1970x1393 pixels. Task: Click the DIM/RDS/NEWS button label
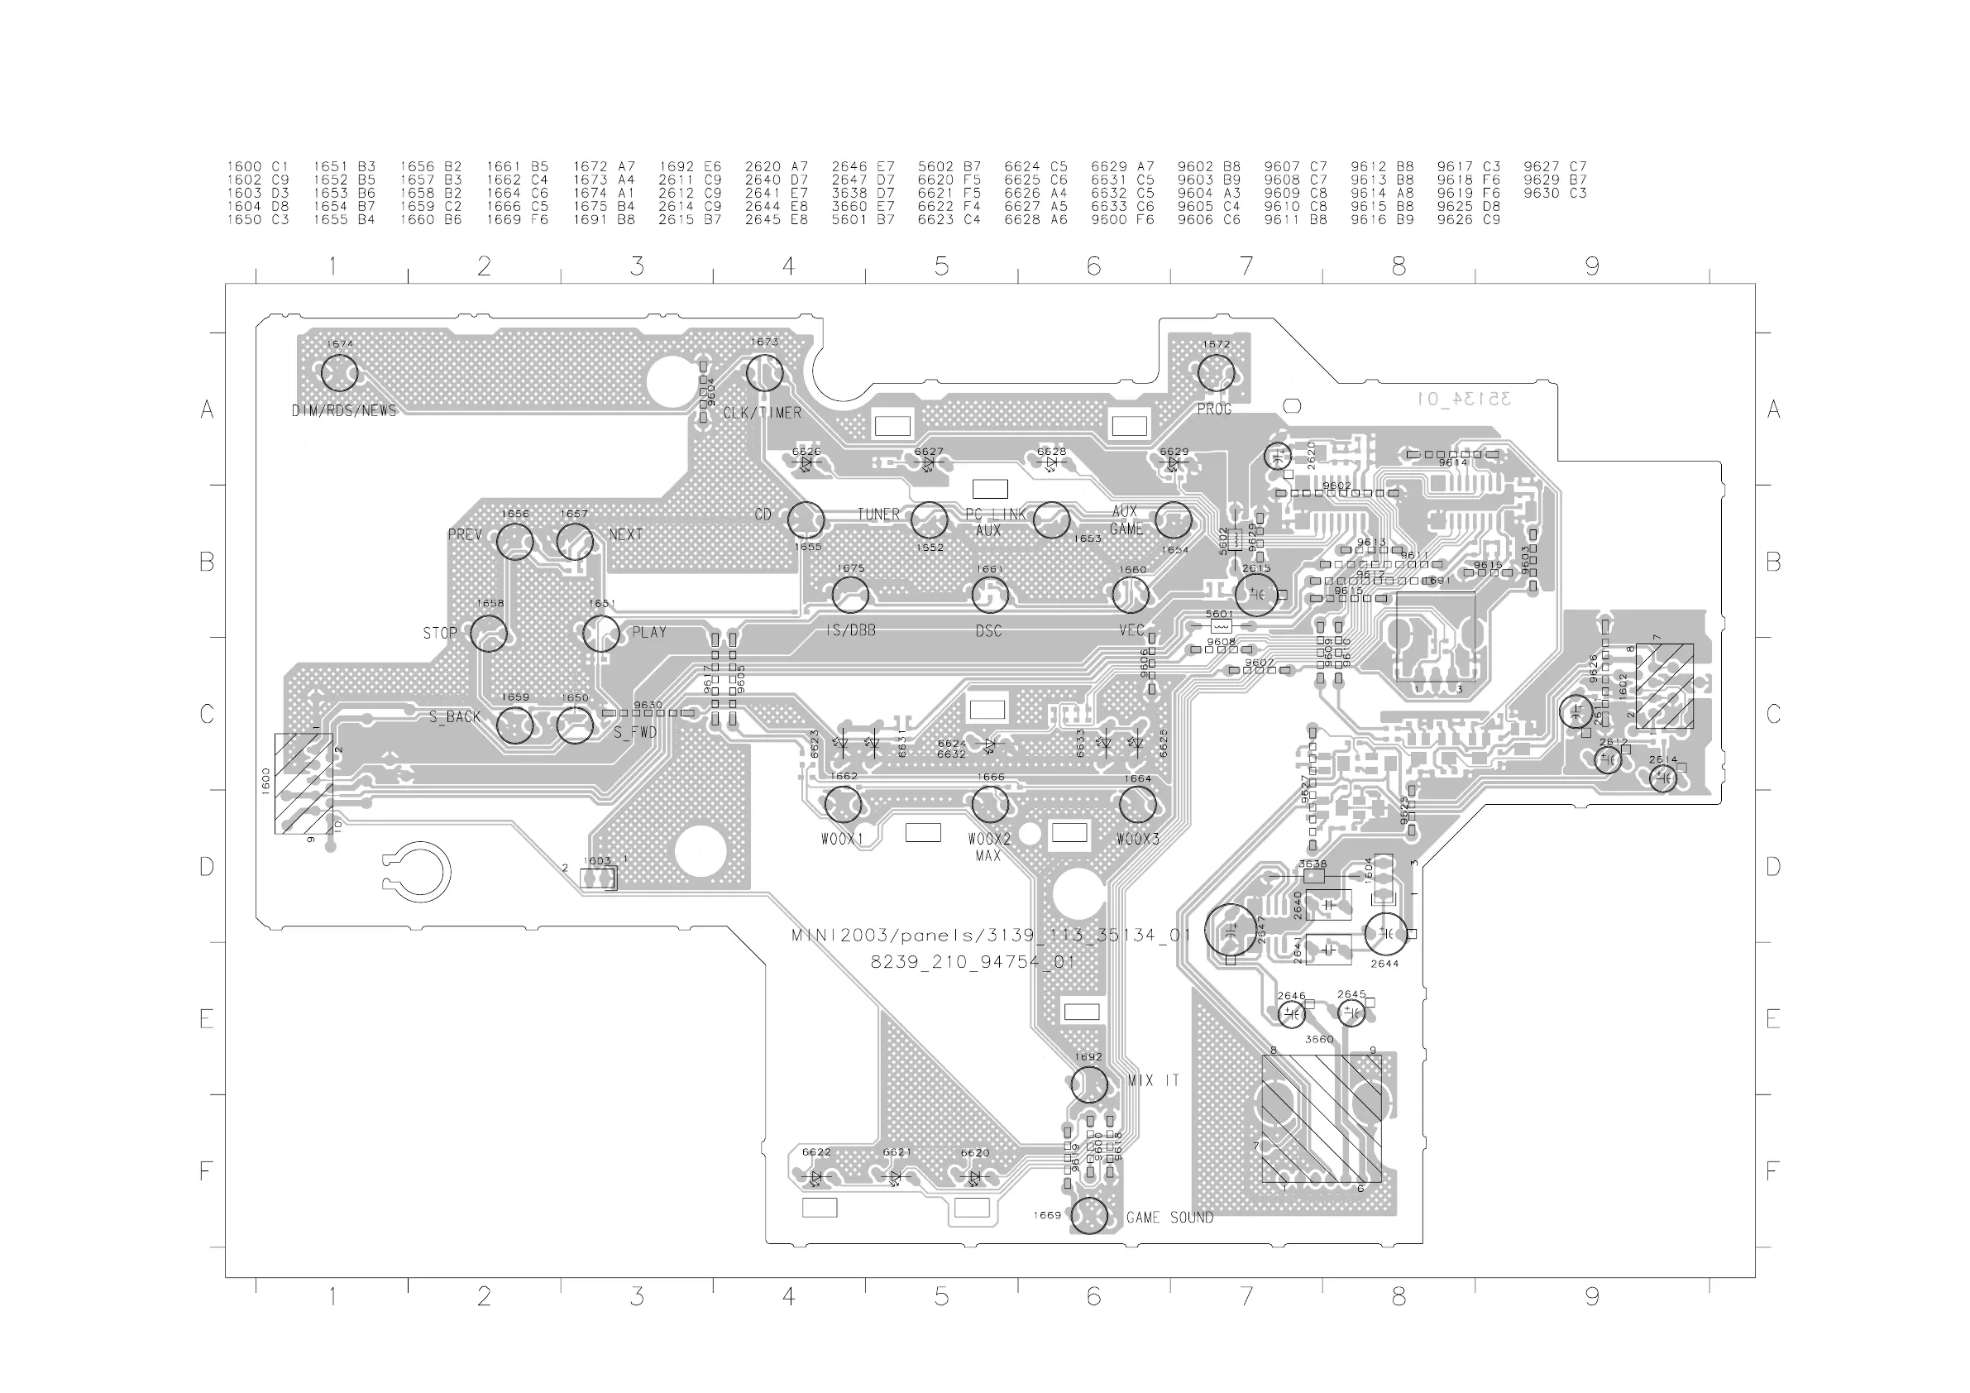pos(344,411)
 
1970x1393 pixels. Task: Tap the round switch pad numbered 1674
pos(339,373)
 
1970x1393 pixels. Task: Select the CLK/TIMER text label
pos(762,413)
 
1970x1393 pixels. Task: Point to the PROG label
pos(1214,409)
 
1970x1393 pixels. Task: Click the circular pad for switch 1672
pos(1216,373)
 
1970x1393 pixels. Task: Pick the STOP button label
pos(439,634)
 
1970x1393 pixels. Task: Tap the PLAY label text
pos(648,633)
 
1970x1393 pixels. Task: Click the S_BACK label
pos(455,716)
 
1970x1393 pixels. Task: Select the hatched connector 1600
pos(303,783)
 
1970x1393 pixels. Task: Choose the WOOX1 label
pos(842,839)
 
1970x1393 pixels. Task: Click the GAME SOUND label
pos(1169,1218)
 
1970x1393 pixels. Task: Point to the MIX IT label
pos(1153,1080)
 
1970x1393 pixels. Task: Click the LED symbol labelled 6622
pos(816,1178)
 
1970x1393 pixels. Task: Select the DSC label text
pos(988,631)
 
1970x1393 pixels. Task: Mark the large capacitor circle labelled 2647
pos(1231,931)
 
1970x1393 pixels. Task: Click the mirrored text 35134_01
pos(1465,399)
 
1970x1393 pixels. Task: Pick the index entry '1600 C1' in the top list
pos(257,166)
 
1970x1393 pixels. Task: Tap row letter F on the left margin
pos(206,1171)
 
